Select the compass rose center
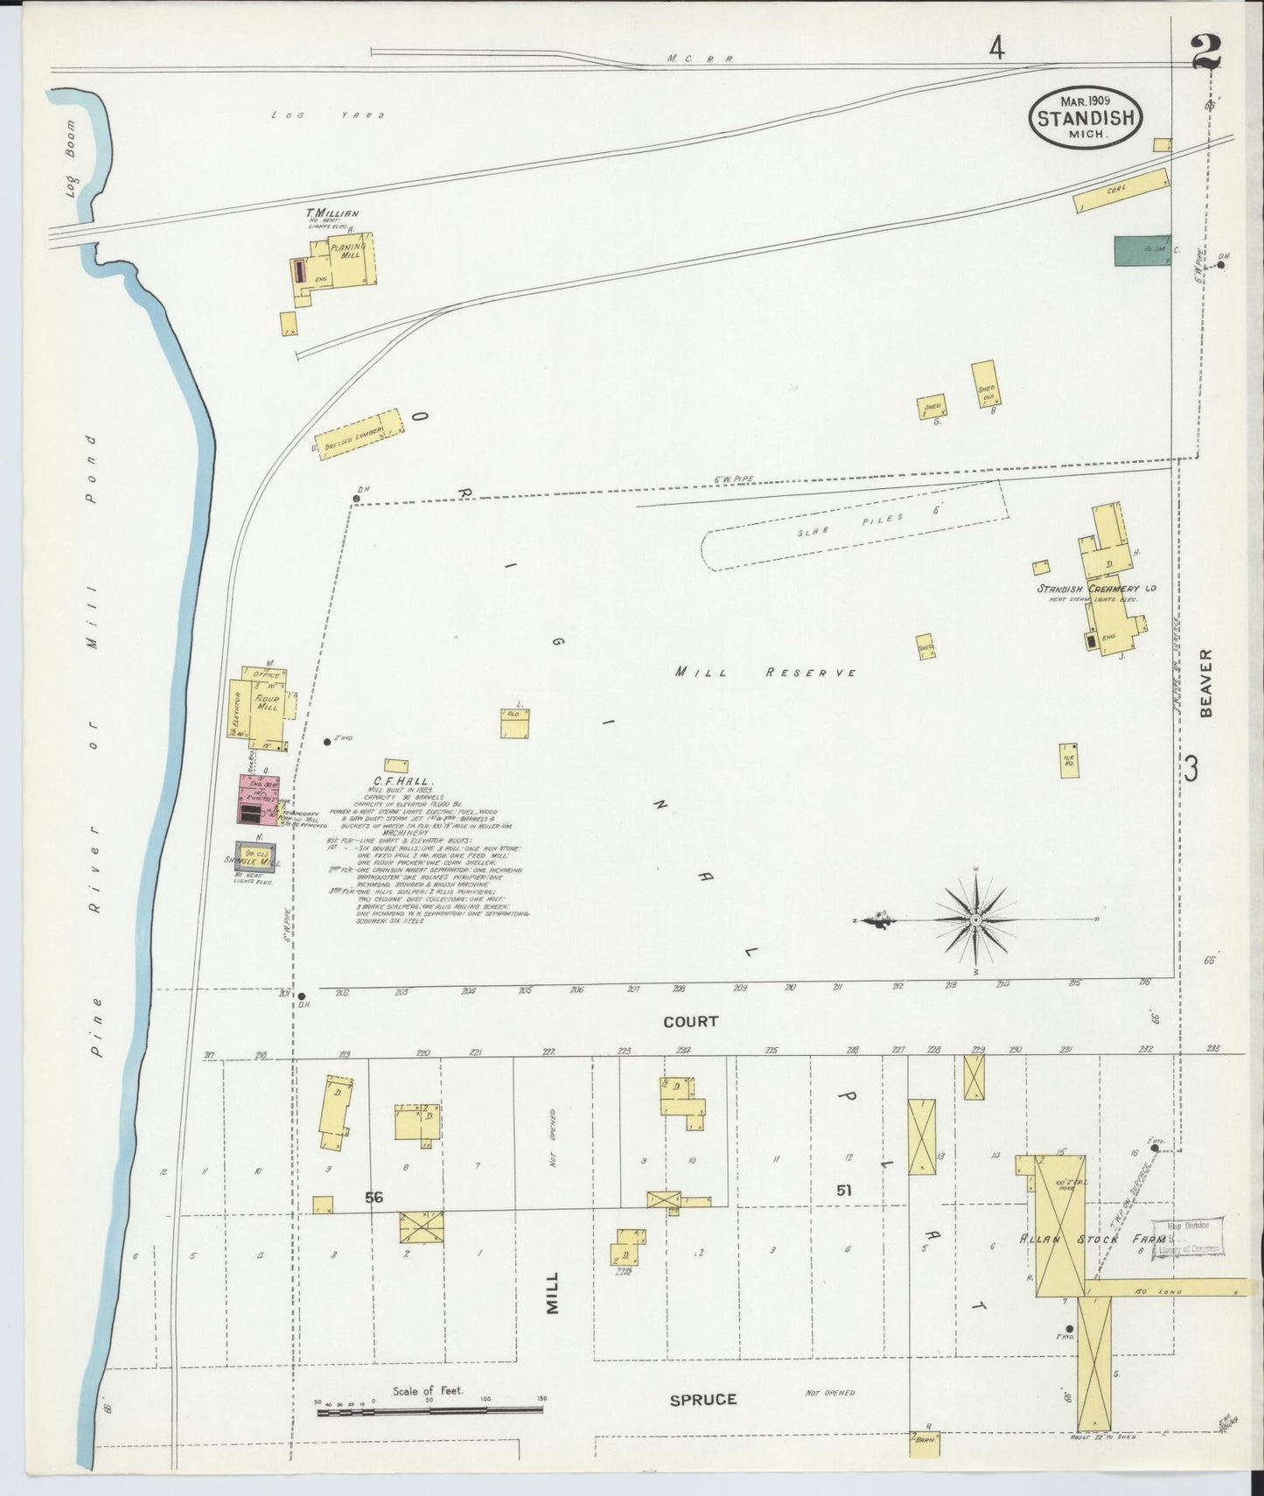point(975,919)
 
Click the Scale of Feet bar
point(429,1409)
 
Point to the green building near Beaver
point(1141,250)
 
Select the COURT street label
point(690,1021)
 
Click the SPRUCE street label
point(702,1400)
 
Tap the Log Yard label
point(327,115)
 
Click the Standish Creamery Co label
point(1096,589)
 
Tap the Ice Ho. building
point(1068,760)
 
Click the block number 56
point(374,1198)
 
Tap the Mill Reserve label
point(765,672)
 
